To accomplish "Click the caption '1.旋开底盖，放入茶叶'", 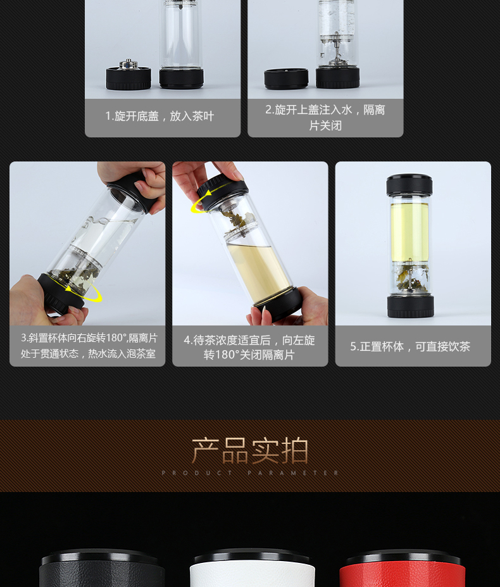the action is (159, 116).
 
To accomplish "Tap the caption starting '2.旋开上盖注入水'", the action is (325, 118).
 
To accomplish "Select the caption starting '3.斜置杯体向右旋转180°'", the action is (89, 346).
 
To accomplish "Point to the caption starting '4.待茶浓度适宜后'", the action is (249, 348).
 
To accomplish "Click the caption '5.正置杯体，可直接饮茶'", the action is (410, 346).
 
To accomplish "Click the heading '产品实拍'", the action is (250, 451).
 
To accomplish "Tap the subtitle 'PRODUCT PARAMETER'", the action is (250, 473).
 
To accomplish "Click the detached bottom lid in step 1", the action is (128, 75).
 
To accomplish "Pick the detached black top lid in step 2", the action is (286, 79).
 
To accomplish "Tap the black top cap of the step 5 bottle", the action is (409, 184).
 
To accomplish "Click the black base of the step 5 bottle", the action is (411, 306).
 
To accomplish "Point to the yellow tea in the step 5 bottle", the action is (409, 232).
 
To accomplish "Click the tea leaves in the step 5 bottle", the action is (411, 277).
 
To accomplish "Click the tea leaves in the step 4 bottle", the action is (233, 220).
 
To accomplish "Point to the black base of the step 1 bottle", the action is (182, 78).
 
